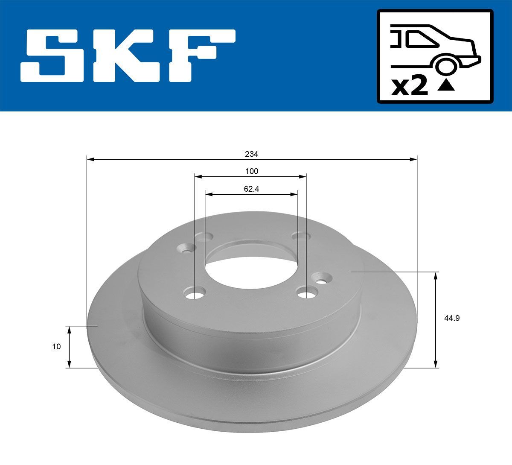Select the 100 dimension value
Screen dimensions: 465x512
click(x=252, y=171)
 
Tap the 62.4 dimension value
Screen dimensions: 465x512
click(x=252, y=189)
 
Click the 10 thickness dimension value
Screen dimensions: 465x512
click(x=56, y=346)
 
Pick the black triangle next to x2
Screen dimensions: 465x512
click(x=446, y=86)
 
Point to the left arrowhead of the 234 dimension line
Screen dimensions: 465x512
click(x=90, y=159)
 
